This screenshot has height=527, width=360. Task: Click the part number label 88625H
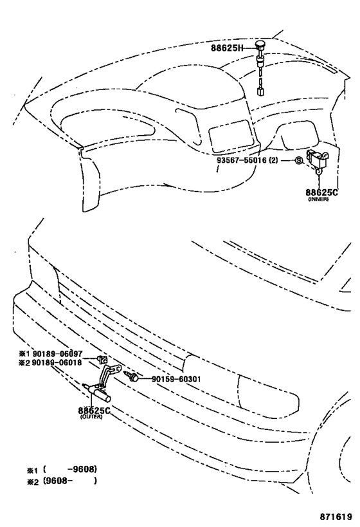[x=227, y=48]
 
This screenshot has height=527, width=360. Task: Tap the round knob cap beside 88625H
[x=260, y=44]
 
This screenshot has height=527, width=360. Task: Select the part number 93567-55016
[x=242, y=160]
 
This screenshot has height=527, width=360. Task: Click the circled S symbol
[x=298, y=161]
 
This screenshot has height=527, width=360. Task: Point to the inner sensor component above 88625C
[x=317, y=160]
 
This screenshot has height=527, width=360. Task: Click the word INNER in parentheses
[x=318, y=199]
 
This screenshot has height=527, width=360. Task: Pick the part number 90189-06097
[x=57, y=353]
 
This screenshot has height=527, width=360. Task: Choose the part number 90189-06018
[x=57, y=363]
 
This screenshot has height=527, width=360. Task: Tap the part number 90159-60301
[x=176, y=379]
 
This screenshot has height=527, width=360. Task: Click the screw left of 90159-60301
[x=131, y=376]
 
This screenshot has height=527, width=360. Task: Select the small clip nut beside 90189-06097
[x=102, y=359]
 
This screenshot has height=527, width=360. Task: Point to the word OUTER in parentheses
[x=91, y=417]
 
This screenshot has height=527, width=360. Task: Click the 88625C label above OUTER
[x=94, y=411]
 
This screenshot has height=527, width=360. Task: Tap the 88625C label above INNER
[x=321, y=192]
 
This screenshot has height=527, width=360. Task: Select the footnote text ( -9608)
[x=70, y=469]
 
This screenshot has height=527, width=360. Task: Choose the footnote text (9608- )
[x=70, y=481]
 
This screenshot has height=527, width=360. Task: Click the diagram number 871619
[x=336, y=517]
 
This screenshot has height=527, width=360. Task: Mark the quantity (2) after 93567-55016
[x=274, y=160]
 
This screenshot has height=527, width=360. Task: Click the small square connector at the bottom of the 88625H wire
[x=260, y=91]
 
